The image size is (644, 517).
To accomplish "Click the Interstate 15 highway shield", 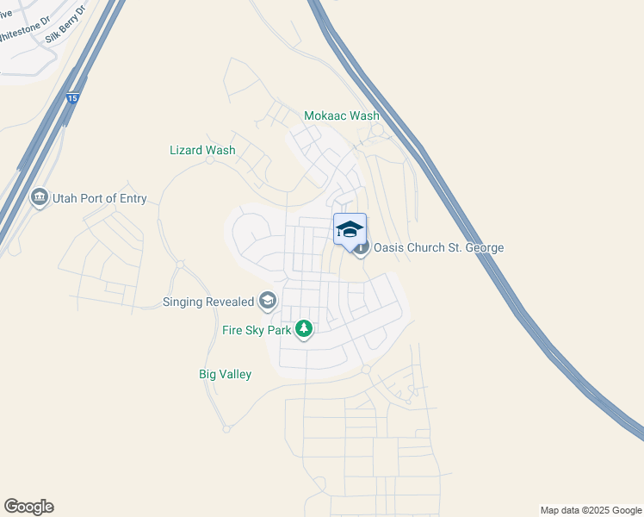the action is [x=73, y=99].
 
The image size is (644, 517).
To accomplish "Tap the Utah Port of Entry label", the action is [x=100, y=199].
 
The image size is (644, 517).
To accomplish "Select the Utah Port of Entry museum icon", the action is [x=39, y=198].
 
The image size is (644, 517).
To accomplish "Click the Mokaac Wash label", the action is [x=343, y=115].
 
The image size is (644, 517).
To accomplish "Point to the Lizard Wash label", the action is [x=202, y=150].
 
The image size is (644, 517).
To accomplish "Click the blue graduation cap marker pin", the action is [x=350, y=230].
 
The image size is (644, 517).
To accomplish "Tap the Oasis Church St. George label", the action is [x=438, y=248].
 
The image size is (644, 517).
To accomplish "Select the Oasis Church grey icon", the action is [x=362, y=248].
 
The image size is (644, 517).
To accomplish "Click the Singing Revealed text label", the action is [x=208, y=302].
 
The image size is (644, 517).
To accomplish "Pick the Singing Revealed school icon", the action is [x=268, y=301].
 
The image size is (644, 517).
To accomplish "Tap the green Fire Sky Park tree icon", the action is [x=304, y=328].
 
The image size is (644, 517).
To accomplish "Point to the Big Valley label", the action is [x=225, y=374].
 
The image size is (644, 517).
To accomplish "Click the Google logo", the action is [x=28, y=507].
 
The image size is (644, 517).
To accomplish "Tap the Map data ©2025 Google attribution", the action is [x=590, y=510].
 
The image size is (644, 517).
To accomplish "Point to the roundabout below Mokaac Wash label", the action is [x=375, y=131].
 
